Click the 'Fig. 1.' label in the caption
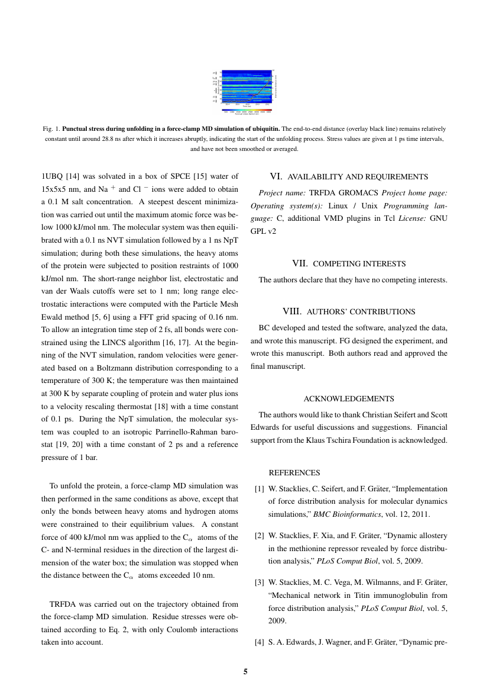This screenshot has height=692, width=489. click(x=53, y=128)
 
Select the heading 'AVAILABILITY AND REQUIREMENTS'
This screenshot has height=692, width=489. click(x=357, y=176)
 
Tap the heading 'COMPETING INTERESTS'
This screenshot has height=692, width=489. click(x=359, y=263)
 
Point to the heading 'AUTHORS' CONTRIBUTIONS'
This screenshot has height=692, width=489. click(x=361, y=311)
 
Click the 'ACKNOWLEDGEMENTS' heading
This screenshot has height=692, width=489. click(x=349, y=398)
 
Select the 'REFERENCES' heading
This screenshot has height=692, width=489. click(x=294, y=473)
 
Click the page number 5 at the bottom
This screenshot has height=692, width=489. click(x=245, y=671)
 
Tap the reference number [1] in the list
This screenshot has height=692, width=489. click(x=260, y=489)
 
